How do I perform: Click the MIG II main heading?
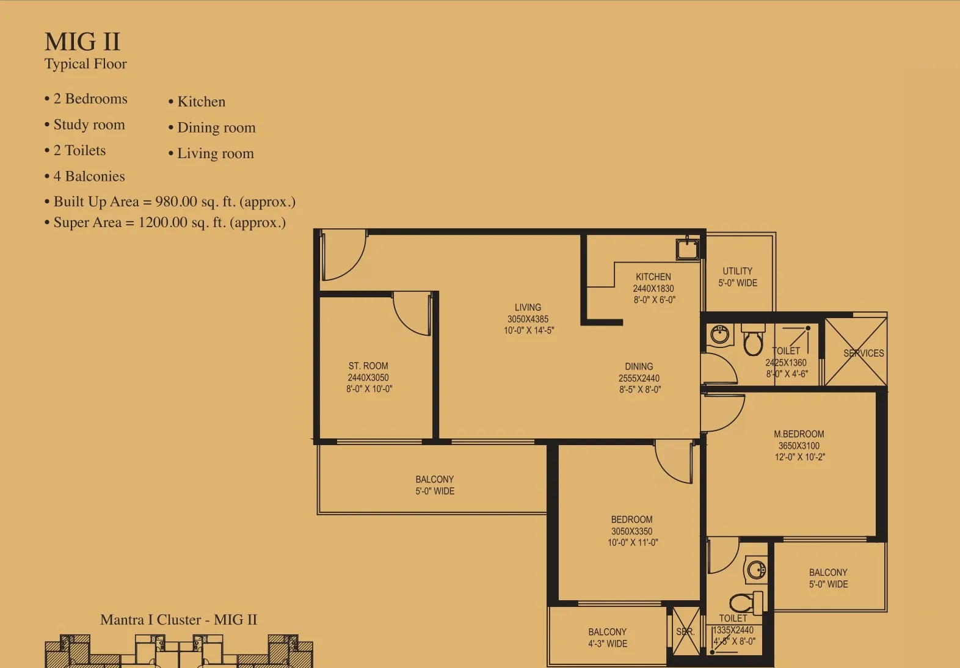(x=82, y=42)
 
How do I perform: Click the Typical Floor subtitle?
(x=85, y=64)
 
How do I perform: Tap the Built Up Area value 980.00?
(x=176, y=201)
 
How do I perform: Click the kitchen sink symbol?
(x=688, y=249)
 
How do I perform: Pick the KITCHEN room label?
(x=653, y=277)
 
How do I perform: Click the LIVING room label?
(x=528, y=307)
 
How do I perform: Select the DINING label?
(x=639, y=366)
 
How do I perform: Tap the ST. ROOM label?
(x=368, y=366)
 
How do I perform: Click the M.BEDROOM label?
(x=799, y=434)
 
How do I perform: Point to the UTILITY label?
(x=737, y=271)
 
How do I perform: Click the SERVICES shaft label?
(x=864, y=354)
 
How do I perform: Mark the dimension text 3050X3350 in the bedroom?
(x=631, y=531)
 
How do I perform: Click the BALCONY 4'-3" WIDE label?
(x=607, y=637)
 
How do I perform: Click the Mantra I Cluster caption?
(x=178, y=620)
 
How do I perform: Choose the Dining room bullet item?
(x=212, y=128)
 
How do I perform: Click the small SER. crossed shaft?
(x=685, y=631)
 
